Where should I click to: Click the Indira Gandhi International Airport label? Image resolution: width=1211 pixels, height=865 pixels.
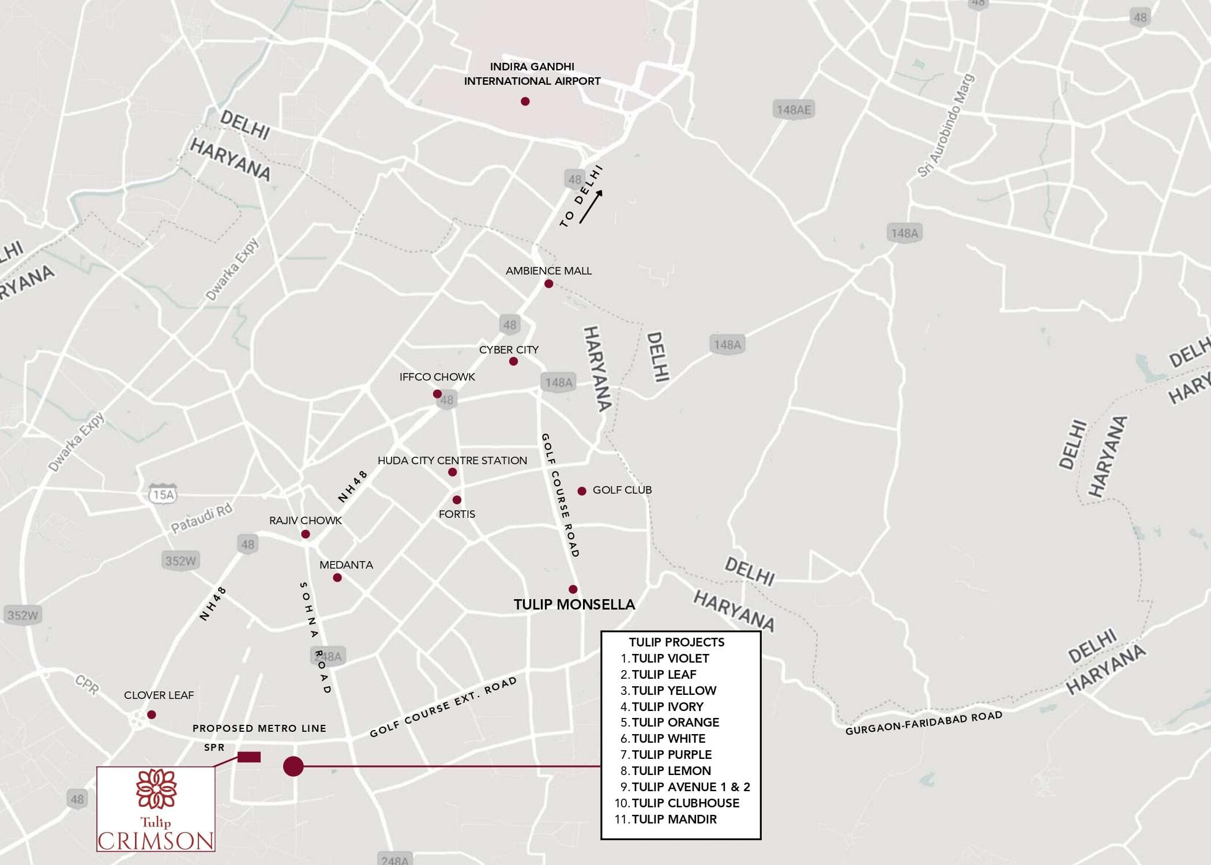point(532,74)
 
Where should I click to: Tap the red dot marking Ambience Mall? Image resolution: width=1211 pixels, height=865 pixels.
point(548,284)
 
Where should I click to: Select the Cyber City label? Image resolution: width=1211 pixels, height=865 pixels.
point(509,350)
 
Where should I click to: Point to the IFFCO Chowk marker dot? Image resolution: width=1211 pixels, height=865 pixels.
point(437,394)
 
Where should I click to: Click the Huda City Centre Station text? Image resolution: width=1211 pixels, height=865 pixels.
point(452,461)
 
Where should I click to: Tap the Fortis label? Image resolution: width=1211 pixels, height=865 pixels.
point(457,514)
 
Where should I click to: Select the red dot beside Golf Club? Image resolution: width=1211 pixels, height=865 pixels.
point(582,491)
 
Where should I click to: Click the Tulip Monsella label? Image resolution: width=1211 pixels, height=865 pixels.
point(574,604)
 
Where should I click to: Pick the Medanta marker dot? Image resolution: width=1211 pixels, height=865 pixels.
point(337,578)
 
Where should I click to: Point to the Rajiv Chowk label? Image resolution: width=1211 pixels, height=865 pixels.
point(306,520)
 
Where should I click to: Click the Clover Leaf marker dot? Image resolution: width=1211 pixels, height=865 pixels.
point(152,714)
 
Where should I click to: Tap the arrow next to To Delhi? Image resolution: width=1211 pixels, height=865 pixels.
point(591,206)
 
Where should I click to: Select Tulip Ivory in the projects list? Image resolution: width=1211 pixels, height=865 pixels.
point(667,706)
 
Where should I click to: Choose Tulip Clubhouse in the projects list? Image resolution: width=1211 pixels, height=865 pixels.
point(685,803)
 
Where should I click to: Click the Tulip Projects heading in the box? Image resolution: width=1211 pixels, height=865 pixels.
point(676,642)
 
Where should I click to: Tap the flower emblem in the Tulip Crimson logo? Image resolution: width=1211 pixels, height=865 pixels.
point(156,788)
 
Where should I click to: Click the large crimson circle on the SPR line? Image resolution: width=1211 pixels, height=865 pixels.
point(293,766)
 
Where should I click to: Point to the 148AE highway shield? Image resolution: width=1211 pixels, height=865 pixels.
point(793,110)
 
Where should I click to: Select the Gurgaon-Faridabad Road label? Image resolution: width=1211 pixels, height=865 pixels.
point(923,723)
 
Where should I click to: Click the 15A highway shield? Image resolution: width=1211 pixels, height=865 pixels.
point(163,495)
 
